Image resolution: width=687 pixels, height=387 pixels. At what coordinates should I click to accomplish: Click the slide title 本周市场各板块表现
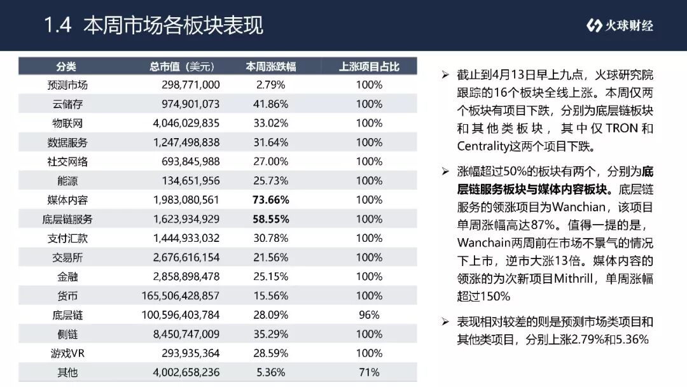point(174,25)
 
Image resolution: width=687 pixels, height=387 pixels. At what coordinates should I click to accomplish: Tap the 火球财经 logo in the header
point(620,25)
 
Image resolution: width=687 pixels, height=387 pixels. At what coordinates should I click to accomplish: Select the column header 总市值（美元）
point(182,67)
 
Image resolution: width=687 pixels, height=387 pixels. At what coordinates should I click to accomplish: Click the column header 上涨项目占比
point(369,67)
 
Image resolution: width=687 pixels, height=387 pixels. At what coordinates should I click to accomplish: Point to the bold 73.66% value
point(271,200)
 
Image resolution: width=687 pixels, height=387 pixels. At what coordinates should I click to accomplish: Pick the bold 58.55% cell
point(271,219)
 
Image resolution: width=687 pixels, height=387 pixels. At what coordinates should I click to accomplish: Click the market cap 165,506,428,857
point(181,296)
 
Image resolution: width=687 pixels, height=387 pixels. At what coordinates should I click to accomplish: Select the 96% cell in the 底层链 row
point(369,314)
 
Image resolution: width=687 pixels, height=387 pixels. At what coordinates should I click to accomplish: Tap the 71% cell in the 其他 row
point(369,372)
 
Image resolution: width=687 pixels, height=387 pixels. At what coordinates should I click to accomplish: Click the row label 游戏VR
point(67,353)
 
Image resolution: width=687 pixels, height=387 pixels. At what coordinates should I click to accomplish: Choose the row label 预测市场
point(67,85)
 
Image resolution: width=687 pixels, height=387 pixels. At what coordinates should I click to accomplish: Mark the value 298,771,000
point(191,85)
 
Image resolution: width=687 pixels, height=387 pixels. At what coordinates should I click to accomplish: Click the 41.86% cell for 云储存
point(271,104)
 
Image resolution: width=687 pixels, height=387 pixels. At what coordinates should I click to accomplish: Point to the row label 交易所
point(67,257)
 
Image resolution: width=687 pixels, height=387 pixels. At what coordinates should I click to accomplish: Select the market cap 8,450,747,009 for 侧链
point(186,334)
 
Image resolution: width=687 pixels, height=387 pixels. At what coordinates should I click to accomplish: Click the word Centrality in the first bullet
point(483,146)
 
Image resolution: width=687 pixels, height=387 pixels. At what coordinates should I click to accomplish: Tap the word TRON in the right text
point(621,129)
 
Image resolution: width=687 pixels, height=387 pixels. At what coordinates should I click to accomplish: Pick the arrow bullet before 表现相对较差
point(445,322)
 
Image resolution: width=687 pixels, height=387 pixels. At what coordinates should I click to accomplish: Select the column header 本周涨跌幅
point(271,67)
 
